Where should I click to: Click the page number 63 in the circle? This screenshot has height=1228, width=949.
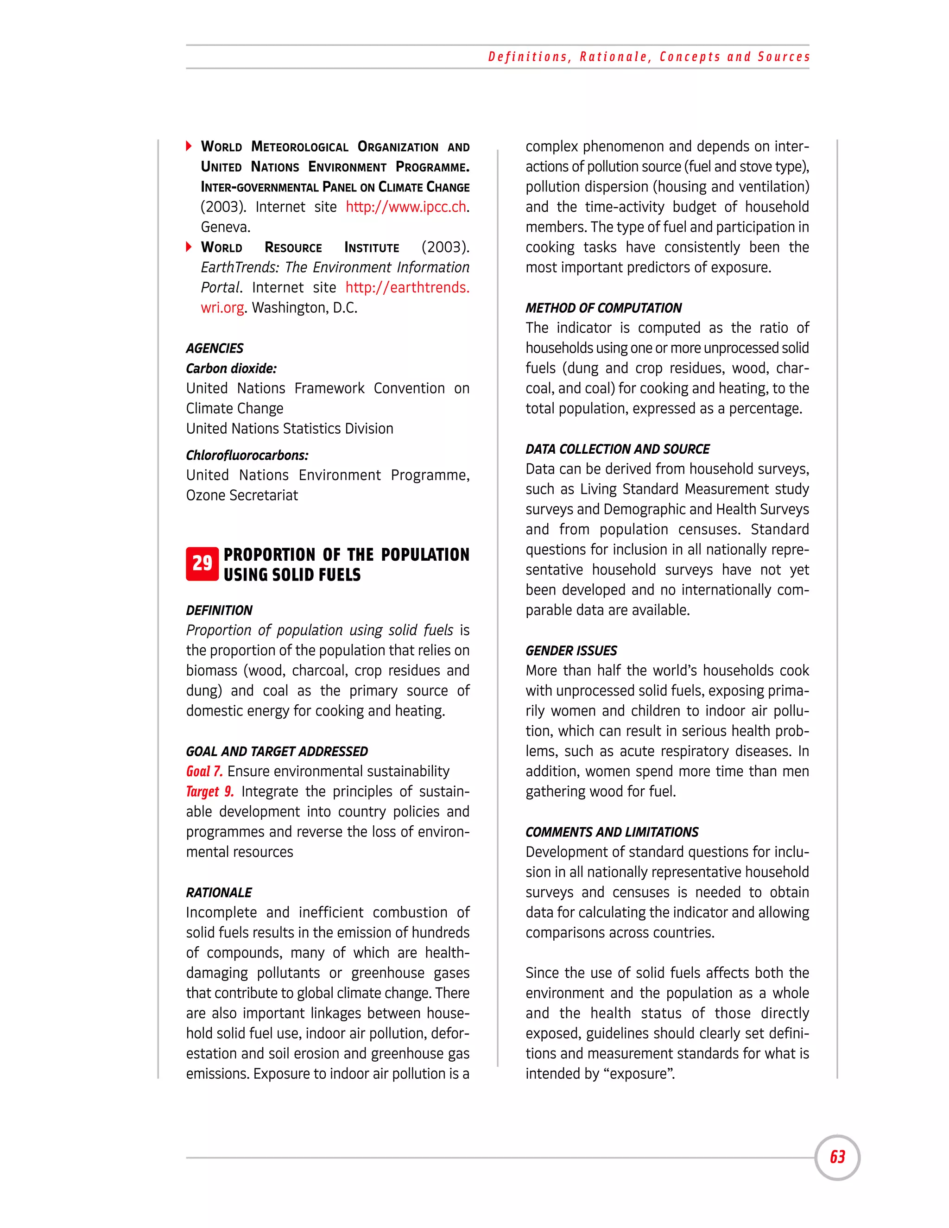coord(837,1157)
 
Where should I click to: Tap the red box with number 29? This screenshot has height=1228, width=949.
coord(202,563)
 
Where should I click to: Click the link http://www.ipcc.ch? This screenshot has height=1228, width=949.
coord(406,207)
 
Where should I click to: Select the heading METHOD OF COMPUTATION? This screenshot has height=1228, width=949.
coord(603,308)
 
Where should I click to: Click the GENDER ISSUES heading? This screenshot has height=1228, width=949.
coord(571,651)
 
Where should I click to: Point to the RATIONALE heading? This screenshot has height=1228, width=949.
coord(219,893)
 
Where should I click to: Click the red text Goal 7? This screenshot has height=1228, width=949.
coord(204,772)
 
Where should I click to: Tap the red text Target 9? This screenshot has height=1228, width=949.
coord(210,791)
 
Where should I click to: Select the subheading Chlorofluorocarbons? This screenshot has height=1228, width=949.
coord(247,456)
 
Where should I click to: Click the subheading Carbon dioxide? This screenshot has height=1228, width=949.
coord(231,369)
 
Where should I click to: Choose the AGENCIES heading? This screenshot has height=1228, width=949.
coord(215,348)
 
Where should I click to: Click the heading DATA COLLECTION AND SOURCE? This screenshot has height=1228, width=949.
coord(617,449)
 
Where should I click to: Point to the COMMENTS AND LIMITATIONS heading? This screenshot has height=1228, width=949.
coord(612,832)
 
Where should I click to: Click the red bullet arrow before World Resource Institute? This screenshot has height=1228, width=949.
coord(189,247)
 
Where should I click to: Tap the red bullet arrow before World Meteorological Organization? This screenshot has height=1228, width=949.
coord(189,147)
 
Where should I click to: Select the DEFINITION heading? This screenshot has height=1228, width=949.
coord(219,611)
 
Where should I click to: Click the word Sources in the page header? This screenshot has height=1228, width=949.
coord(784,57)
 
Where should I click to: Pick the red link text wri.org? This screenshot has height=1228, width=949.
coord(222,308)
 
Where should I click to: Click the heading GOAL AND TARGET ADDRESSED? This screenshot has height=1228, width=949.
coord(277,752)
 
